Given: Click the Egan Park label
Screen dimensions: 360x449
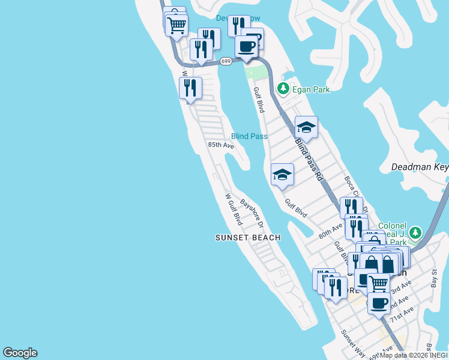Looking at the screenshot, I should click(311, 90).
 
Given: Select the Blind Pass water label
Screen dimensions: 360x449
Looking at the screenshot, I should click(249, 136).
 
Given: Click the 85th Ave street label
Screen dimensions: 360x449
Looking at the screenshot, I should click(220, 145).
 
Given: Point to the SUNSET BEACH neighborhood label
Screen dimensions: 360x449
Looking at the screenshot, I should click(248, 238).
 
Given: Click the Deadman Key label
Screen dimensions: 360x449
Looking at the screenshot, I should click(420, 167).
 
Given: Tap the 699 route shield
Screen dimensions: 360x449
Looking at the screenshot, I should click(226, 61).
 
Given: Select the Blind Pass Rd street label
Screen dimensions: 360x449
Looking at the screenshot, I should click(310, 161).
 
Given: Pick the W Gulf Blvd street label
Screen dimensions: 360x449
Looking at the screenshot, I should click(233, 209).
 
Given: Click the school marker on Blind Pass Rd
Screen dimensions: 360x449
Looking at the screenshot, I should click(306, 127).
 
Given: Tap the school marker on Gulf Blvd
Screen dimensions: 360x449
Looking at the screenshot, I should click(282, 175).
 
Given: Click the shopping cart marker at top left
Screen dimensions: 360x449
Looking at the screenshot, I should click(176, 25).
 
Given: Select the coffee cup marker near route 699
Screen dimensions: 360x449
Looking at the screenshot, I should click(246, 46).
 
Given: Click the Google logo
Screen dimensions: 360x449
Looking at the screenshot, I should click(20, 353).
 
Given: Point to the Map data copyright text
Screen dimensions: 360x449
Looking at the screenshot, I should click(413, 355).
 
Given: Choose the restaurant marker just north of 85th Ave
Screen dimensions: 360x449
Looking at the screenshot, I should click(190, 88).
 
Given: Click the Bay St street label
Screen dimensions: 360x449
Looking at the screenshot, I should click(435, 278).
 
